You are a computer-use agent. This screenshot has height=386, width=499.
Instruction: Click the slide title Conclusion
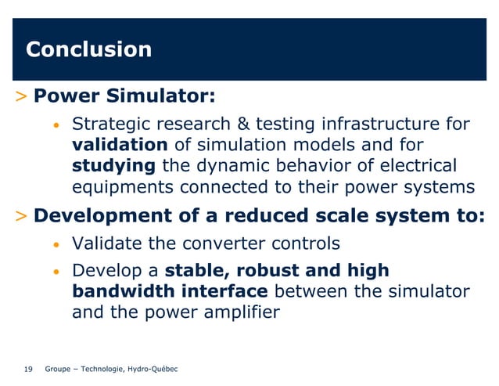88,50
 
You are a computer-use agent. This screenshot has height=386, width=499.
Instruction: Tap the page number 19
29,369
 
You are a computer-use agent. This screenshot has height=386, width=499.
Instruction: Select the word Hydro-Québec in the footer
153,369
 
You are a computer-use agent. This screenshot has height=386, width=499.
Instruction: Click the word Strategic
109,124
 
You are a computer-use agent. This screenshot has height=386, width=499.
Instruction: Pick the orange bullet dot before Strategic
56,126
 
